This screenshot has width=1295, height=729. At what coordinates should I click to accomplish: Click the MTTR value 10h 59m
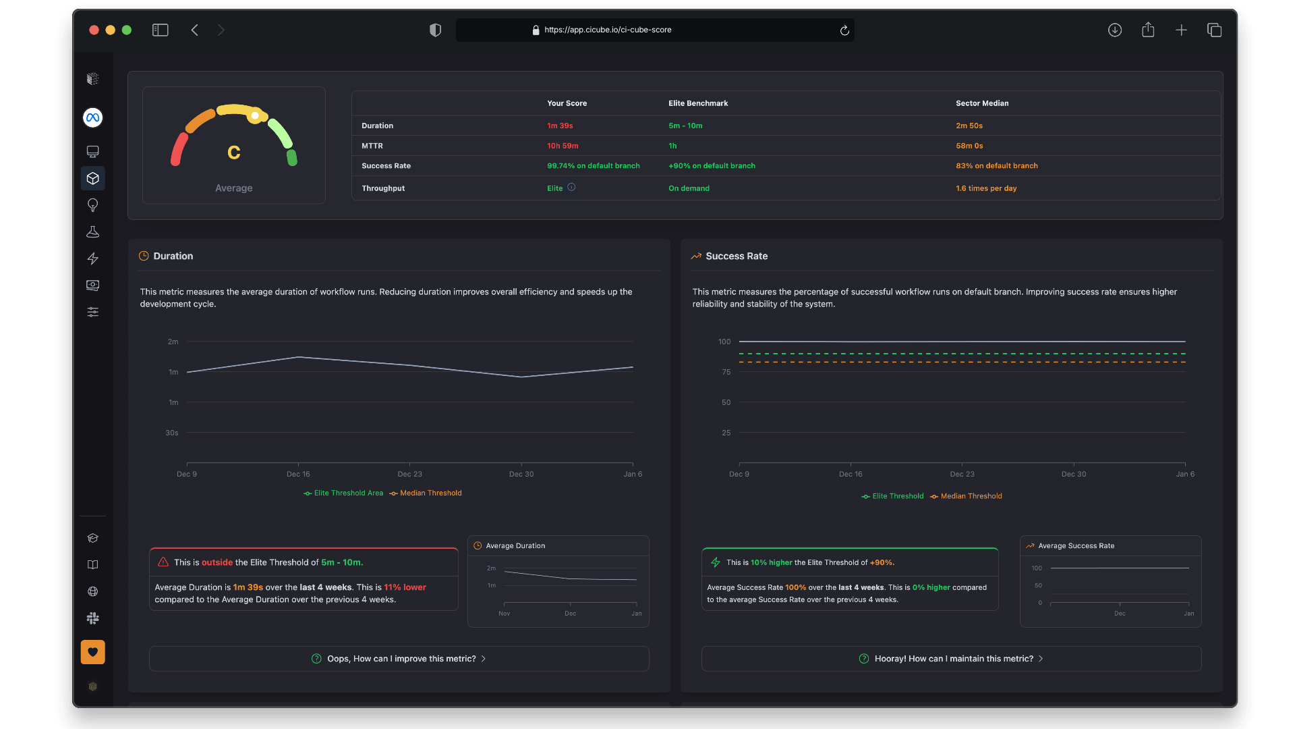(563, 146)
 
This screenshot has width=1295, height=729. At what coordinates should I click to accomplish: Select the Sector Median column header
(982, 103)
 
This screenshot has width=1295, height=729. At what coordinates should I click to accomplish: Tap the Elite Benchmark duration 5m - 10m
(685, 126)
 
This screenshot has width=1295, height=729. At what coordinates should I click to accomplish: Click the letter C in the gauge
(234, 153)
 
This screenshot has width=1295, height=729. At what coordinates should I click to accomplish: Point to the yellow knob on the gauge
(255, 116)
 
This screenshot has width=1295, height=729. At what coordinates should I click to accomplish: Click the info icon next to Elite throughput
(571, 188)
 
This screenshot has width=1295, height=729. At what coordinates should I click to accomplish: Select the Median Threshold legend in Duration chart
(430, 493)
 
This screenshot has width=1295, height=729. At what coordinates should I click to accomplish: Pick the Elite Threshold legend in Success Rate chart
(897, 496)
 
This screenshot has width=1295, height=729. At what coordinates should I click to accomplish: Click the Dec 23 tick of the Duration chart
(409, 474)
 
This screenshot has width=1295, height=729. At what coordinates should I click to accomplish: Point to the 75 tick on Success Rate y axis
(726, 372)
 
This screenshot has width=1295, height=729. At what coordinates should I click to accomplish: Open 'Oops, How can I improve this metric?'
(399, 659)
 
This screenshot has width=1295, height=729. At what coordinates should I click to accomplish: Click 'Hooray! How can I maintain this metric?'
(952, 659)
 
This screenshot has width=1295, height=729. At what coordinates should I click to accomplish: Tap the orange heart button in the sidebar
(93, 652)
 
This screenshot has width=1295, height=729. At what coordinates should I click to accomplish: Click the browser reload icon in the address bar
(844, 30)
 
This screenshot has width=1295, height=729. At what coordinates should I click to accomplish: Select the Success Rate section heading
(736, 256)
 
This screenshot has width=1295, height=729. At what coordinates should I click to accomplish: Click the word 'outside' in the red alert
(217, 562)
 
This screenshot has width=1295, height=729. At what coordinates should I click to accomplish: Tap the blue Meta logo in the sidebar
(93, 117)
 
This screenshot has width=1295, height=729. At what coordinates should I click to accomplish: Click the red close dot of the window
(94, 30)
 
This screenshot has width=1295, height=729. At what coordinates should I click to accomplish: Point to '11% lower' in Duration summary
(405, 587)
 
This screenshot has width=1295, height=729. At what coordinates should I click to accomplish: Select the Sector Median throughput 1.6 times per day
(985, 188)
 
